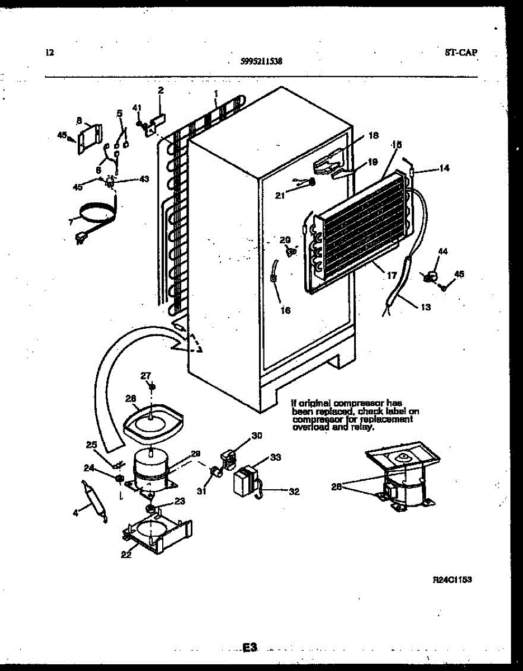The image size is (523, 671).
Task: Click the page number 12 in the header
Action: [x=49, y=53]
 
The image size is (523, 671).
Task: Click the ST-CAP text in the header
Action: [x=461, y=53]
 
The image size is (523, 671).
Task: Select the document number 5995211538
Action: [x=261, y=63]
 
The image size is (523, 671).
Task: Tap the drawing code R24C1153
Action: [x=452, y=580]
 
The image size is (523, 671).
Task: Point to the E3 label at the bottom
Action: [x=249, y=648]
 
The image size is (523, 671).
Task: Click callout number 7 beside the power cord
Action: [x=70, y=222]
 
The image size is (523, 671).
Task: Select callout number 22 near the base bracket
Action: [x=126, y=554]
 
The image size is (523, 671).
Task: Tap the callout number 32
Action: [x=294, y=492]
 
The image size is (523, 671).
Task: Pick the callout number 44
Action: [x=442, y=252]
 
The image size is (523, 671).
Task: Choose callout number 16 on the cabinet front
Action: [x=285, y=310]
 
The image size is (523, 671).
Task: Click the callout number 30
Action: [x=256, y=436]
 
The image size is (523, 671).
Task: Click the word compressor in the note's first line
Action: [x=359, y=403]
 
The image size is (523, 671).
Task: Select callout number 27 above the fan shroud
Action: [x=145, y=375]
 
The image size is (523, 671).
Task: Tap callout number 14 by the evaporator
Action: [x=444, y=167]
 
